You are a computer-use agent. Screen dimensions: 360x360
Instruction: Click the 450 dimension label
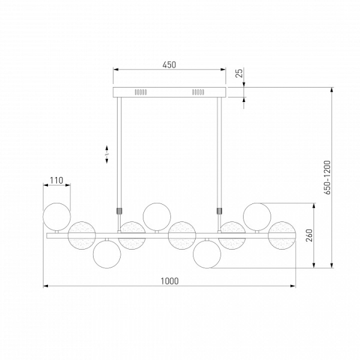[169, 65]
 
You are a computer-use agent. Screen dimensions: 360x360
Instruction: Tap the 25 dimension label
[239, 73]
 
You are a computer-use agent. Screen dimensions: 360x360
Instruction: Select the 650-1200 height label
[327, 178]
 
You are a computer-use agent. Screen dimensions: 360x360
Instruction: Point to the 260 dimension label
[309, 235]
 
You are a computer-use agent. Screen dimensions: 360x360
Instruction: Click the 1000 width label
[169, 281]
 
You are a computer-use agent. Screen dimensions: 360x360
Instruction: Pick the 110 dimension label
[56, 180]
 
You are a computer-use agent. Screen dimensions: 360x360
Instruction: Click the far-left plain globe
[57, 217]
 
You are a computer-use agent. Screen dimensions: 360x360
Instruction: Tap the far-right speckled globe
[282, 235]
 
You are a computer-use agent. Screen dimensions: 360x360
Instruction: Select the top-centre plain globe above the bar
[157, 217]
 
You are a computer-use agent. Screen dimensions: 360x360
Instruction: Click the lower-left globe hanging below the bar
[107, 254]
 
